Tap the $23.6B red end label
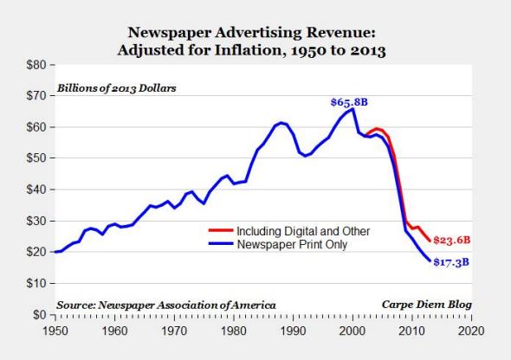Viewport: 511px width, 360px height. tap(453, 240)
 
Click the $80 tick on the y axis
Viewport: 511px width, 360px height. tap(34, 65)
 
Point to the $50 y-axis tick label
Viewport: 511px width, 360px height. tap(34, 158)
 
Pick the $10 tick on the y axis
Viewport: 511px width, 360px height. tap(34, 283)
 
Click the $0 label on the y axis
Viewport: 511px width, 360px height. tap(36, 314)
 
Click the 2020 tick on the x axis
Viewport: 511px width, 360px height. tap(471, 330)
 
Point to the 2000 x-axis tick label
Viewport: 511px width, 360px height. tap(352, 330)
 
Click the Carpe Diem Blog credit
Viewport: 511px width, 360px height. tap(427, 305)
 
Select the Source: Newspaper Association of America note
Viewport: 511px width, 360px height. tap(166, 305)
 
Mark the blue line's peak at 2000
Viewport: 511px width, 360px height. tap(352, 110)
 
